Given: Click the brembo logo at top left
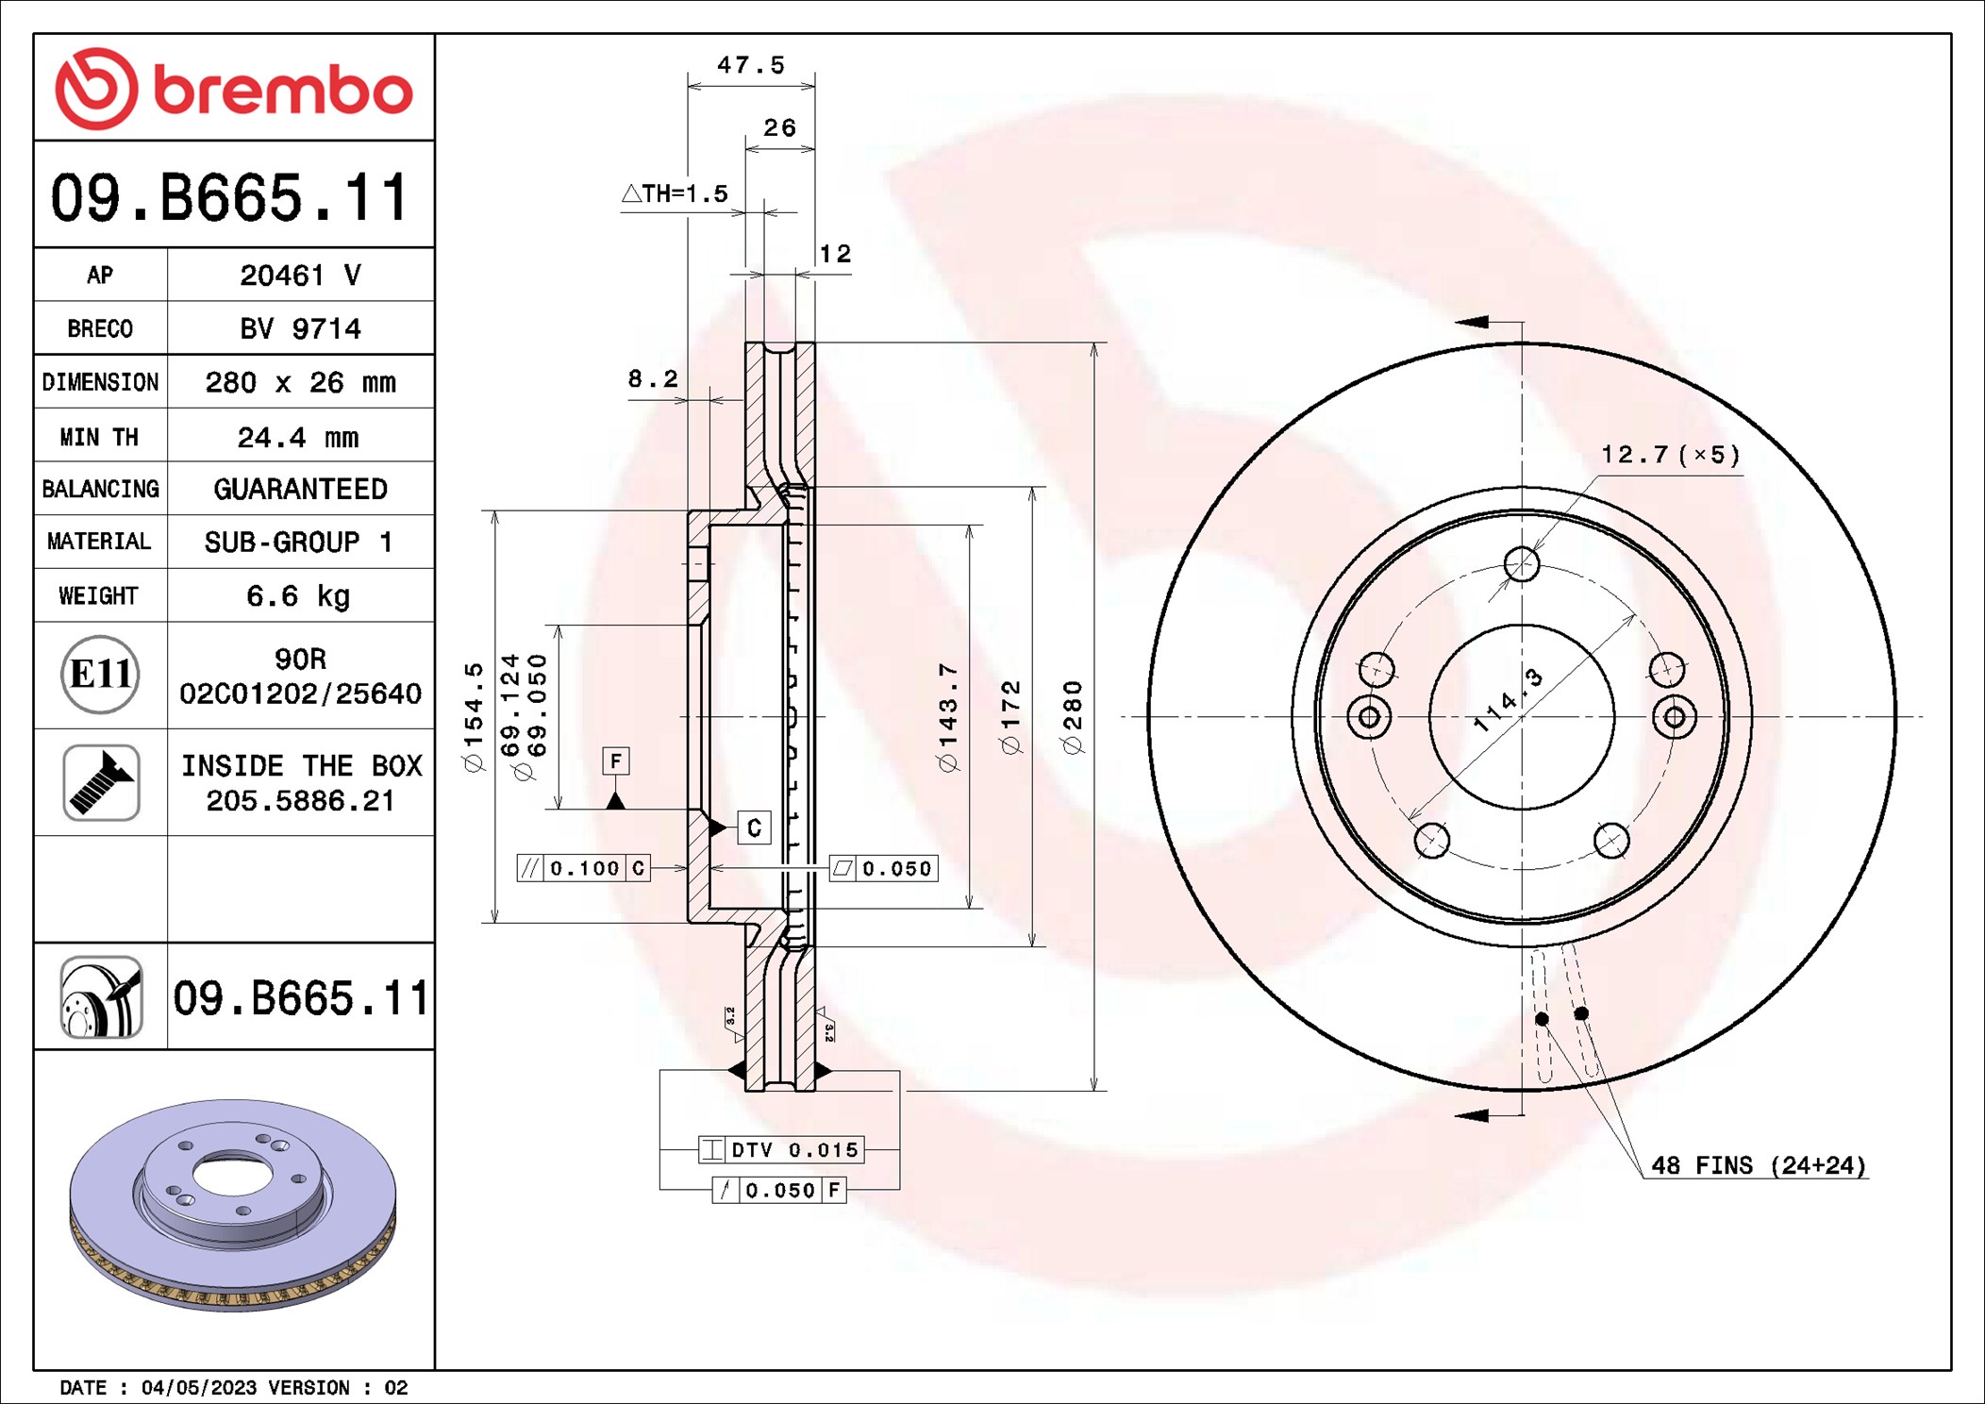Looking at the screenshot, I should coord(233,89).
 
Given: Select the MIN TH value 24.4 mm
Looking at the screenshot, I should coord(298,437).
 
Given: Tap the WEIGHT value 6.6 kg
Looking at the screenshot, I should coord(298,596).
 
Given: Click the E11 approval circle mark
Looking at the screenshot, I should coord(100,675).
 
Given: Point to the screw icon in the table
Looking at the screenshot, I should coord(101,782).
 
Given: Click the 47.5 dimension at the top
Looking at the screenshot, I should coord(751,65).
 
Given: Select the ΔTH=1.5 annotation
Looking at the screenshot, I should coord(676,193).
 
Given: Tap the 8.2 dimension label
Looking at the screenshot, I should coord(653,379).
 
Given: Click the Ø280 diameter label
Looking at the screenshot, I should coord(1073,717).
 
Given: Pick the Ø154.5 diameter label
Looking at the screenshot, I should coord(474,717).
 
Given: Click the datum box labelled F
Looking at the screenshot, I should coord(616,760).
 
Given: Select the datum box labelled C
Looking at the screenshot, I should coord(754,827).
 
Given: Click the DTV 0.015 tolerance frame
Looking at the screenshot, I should coord(781,1149).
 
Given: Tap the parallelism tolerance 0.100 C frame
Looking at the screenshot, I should coord(584,868).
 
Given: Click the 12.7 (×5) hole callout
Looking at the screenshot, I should coord(1670,455).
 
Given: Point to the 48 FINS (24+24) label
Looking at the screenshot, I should coord(1758,1165).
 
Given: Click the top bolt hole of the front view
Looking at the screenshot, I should coord(1522,564).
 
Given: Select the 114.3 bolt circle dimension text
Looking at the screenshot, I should coord(1508,701).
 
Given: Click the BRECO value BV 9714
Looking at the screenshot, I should coord(300,328).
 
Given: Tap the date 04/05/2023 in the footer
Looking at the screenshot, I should coord(198,1388).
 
